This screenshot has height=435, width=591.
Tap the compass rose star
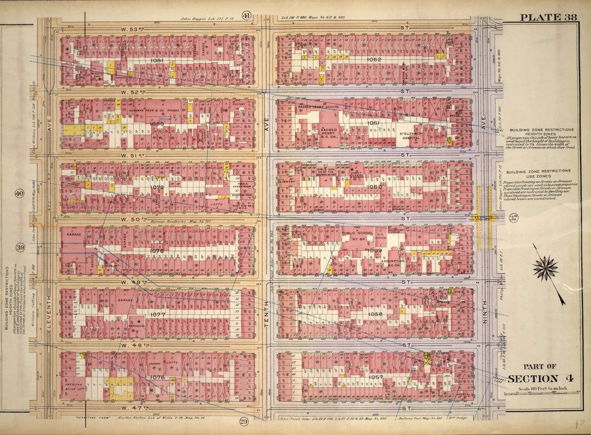545,268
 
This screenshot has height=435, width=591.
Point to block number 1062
374,60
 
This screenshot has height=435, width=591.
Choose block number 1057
376,377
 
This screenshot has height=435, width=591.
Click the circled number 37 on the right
513,218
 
